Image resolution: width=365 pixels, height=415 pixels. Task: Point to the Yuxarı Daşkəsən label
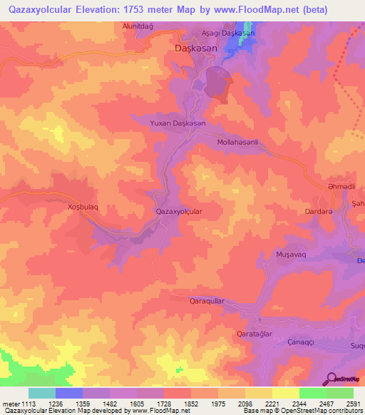point(178,123)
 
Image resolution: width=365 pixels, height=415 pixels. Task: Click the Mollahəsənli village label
point(237,143)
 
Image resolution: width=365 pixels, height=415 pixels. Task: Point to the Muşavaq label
point(290,253)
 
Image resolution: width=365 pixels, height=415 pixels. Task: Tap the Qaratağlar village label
point(255,333)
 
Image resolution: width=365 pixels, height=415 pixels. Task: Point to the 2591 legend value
point(354,404)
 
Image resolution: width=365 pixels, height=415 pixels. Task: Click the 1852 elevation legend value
point(192,404)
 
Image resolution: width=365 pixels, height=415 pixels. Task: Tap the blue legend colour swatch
point(68,393)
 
